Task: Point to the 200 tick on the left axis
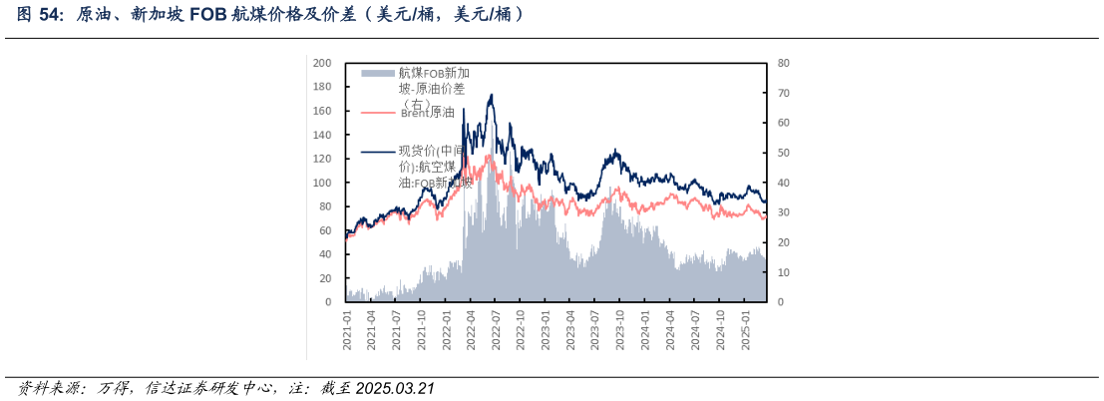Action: pyautogui.click(x=322, y=63)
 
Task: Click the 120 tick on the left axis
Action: pyautogui.click(x=322, y=159)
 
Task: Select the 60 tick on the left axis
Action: pyautogui.click(x=325, y=230)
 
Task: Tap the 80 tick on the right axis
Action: pyautogui.click(x=784, y=63)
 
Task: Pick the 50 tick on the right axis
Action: pyautogui.click(x=784, y=153)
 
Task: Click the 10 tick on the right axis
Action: pyautogui.click(x=784, y=272)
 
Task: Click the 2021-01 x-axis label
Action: pyautogui.click(x=348, y=328)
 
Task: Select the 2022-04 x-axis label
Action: pyautogui.click(x=472, y=328)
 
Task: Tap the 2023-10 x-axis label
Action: pyautogui.click(x=619, y=328)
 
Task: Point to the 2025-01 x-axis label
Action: pyautogui.click(x=744, y=328)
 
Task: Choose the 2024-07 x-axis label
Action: pyautogui.click(x=694, y=328)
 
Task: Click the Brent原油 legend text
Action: pyautogui.click(x=427, y=113)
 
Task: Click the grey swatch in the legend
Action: pyautogui.click(x=378, y=74)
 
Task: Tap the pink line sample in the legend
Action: pyautogui.click(x=378, y=113)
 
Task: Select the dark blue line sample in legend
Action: pyautogui.click(x=378, y=152)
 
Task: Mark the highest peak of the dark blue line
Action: pyautogui.click(x=491, y=95)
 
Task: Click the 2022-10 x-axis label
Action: pyautogui.click(x=521, y=328)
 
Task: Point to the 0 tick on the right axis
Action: pyautogui.click(x=781, y=301)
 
